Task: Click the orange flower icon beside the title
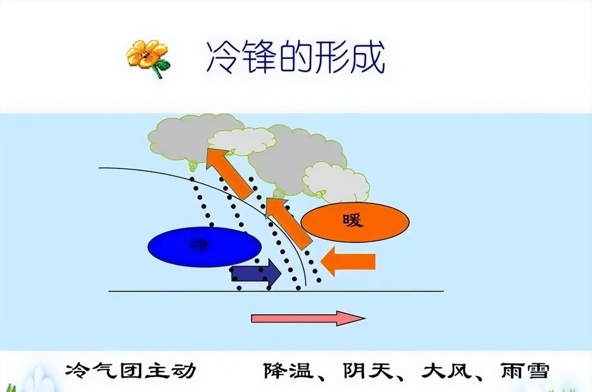[146, 56]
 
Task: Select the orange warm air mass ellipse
[355, 222]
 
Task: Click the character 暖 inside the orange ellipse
[353, 221]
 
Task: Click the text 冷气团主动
[130, 371]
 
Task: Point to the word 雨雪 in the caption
[524, 371]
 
